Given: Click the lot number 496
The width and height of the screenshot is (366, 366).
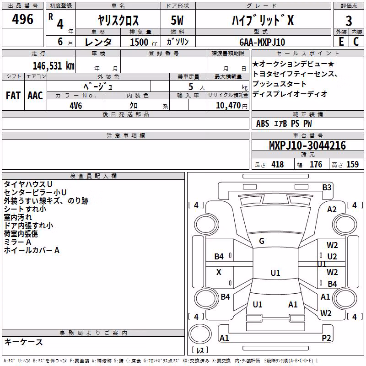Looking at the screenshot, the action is point(22,19).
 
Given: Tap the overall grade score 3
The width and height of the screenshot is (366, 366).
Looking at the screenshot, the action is point(349,21).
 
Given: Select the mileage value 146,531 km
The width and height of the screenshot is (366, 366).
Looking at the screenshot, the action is point(54,66).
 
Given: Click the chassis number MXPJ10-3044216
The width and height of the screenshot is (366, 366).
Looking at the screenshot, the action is point(307,145).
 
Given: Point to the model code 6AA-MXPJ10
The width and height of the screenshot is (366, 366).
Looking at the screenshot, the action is point(262,42).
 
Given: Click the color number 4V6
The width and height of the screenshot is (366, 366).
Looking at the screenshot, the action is point(75,106).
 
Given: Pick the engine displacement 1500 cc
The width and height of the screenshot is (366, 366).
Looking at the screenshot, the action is point(144,42).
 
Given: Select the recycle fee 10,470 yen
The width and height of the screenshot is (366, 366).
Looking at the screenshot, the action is point(231,106).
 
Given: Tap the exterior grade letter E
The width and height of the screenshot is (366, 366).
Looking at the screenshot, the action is point(341,42).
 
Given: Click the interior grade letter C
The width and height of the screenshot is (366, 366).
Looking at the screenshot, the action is point(356,42).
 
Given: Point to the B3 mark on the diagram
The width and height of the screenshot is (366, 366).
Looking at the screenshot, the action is point(327,188).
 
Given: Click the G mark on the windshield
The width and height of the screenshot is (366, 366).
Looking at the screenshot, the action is point(262,241).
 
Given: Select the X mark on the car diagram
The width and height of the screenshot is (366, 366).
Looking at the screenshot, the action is point(219,272).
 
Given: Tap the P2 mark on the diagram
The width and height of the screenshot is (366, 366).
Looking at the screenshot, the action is point(326,338).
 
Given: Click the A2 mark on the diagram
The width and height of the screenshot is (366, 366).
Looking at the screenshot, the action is point(332,210).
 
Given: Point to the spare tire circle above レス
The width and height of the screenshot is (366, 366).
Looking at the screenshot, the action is point(200,334).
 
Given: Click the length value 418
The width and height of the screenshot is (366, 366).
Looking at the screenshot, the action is point(278,164).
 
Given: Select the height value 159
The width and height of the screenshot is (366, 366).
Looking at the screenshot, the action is point(352,164).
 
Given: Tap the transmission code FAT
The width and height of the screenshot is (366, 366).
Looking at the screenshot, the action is point(13,96).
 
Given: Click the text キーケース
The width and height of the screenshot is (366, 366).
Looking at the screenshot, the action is point(23,342).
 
